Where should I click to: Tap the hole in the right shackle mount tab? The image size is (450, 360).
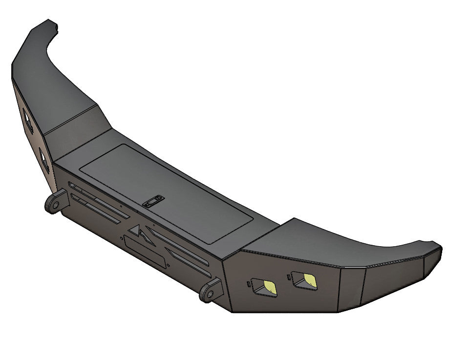click(x=207, y=294)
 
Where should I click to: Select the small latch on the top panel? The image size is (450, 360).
click(x=153, y=200)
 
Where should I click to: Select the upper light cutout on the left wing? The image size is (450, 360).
click(x=27, y=120)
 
